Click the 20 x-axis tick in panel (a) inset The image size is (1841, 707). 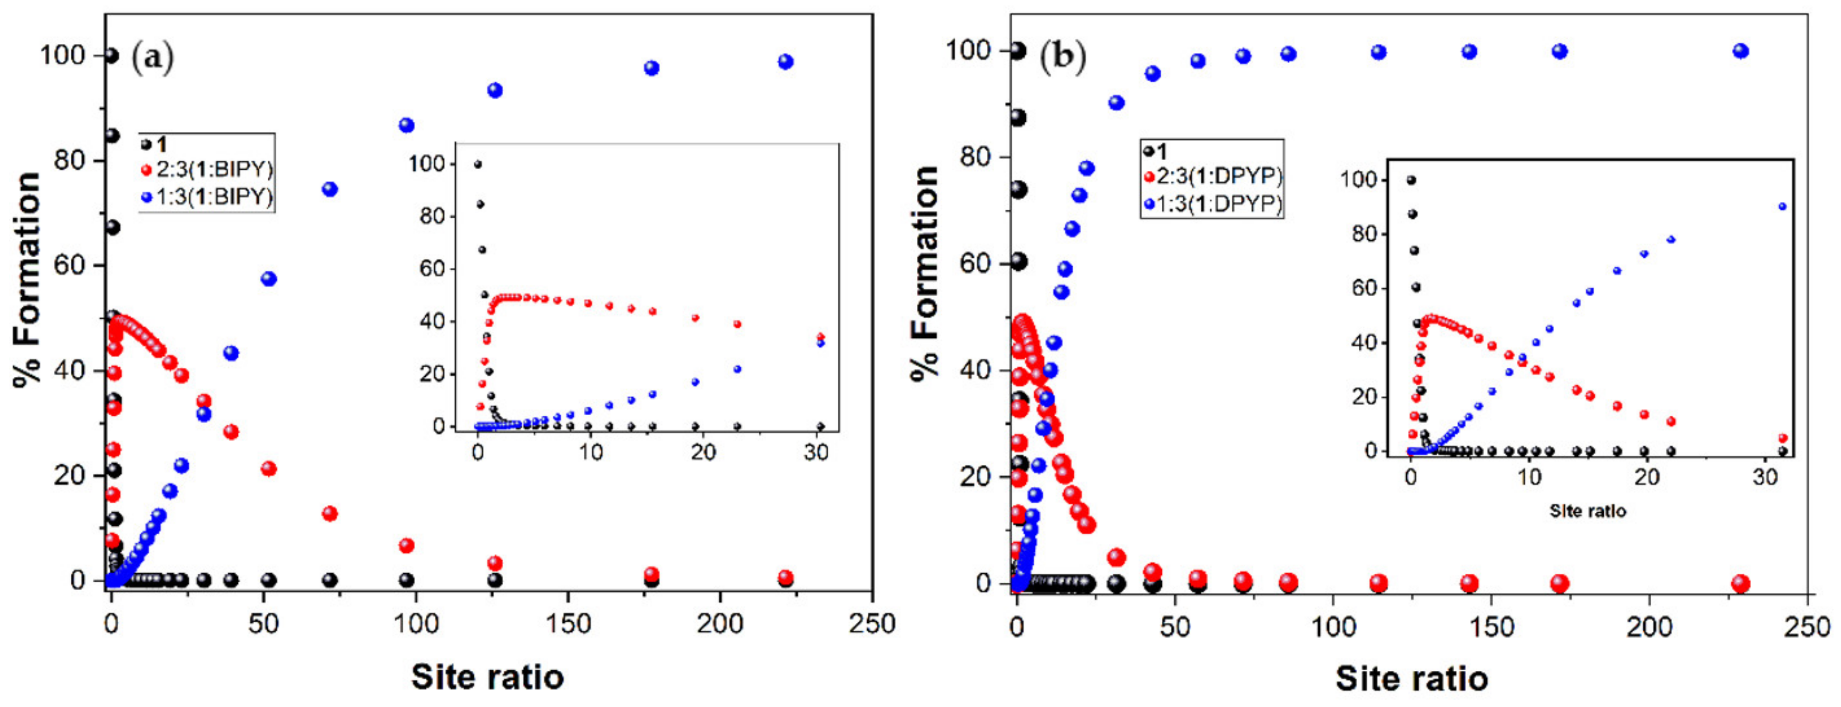click(703, 453)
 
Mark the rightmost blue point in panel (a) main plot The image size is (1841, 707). click(785, 62)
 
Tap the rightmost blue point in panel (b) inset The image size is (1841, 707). click(1782, 206)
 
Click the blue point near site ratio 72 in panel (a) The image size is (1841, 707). click(330, 189)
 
